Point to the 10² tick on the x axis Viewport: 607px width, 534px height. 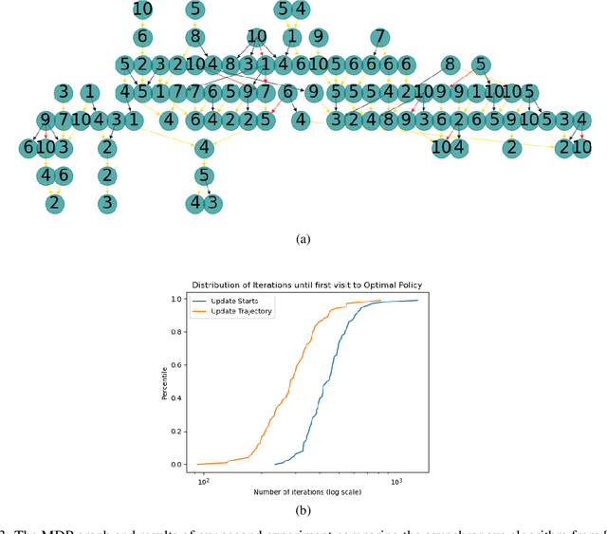203,482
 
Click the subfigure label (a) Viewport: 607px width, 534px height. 303,240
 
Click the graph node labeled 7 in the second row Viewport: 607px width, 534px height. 379,38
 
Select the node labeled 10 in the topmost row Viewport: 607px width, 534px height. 142,10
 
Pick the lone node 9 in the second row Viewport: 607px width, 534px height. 319,38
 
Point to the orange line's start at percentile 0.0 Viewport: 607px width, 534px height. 200,464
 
